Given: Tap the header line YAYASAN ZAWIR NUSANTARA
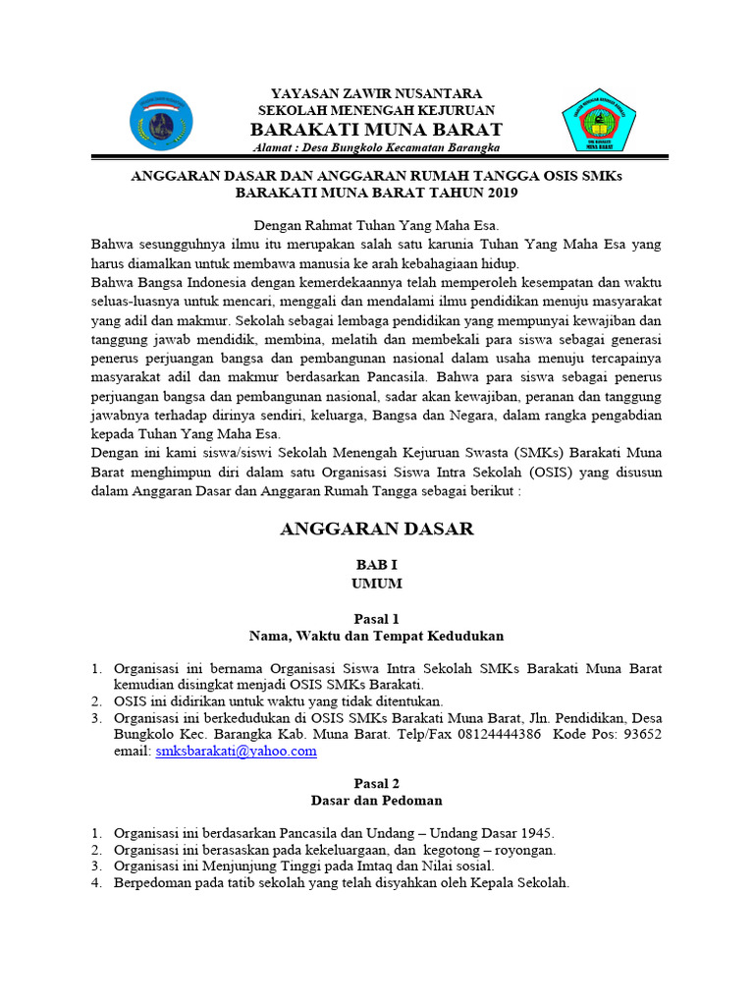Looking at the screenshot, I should (x=376, y=93).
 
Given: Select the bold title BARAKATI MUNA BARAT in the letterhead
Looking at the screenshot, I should (x=376, y=130).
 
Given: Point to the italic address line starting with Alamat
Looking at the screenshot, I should (x=376, y=147).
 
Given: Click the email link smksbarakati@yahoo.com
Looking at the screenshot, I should (x=236, y=751).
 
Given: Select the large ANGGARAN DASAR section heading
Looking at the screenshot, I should (x=376, y=530).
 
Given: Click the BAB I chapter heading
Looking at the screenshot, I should (x=376, y=566).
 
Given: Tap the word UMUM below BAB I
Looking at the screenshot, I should (x=376, y=584).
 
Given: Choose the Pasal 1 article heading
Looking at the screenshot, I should (x=376, y=619).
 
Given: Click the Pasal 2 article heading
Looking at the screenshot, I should (x=376, y=783).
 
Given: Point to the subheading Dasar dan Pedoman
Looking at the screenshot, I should (x=376, y=801).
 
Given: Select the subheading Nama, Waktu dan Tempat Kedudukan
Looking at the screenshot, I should (x=376, y=637).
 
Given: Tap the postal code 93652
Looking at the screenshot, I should (x=642, y=734).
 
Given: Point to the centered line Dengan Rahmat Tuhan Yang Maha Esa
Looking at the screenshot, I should (x=376, y=225).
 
